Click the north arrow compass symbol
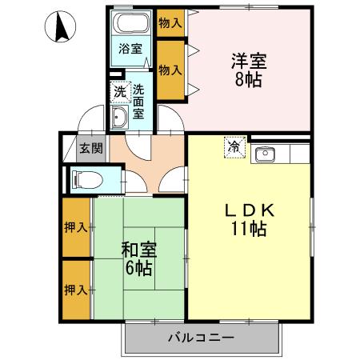pos(60,26)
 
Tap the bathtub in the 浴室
pos(130,22)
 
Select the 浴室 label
pos(130,49)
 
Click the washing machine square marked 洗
pos(120,92)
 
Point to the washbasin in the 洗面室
pos(119,118)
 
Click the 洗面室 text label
pos(138,102)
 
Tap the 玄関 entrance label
pos(91,148)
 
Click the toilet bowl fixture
pos(87,178)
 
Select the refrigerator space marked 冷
pos(234,147)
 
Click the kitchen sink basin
pos(265,154)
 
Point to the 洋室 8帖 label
pos(249,70)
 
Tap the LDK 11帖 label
pos(249,220)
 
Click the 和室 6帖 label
pos(139,258)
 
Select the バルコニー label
pos(201,338)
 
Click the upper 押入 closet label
pos(76,228)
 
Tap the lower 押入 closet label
pos(76,290)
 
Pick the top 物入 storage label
pos(170,23)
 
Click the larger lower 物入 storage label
pos(170,70)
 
